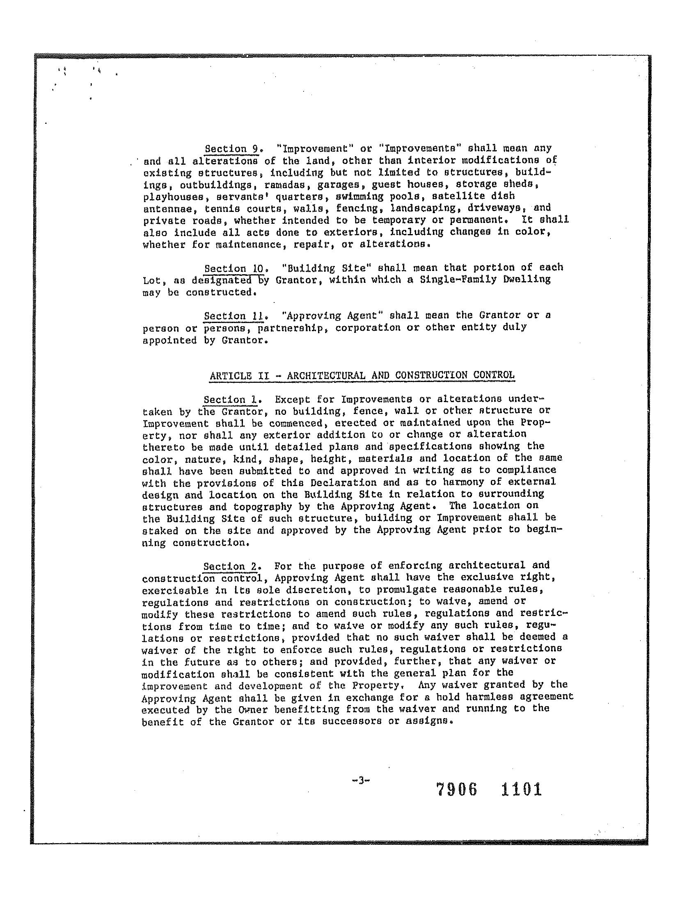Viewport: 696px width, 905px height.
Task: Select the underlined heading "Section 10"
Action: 234,268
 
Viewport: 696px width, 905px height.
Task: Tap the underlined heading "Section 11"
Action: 234,316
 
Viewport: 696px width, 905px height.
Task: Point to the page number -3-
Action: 360,780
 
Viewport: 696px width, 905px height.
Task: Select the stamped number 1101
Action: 521,789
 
